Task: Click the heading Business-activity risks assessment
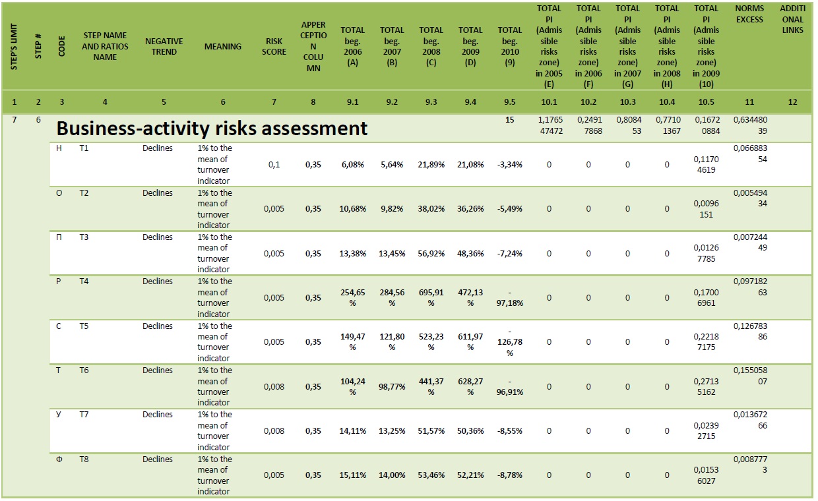tap(212, 129)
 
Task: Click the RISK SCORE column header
tap(274, 46)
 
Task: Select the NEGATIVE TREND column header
tap(164, 46)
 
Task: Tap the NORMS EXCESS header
tap(749, 14)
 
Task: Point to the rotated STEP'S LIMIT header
tap(14, 46)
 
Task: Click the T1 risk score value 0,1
tap(274, 165)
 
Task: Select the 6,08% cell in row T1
tap(352, 165)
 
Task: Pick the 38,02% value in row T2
tap(431, 209)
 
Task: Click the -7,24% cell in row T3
tap(510, 253)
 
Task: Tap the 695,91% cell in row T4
tap(431, 298)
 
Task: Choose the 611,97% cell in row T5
tap(470, 342)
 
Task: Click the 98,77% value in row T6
tap(392, 386)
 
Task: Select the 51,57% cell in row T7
tap(431, 431)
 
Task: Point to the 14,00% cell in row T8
tap(392, 475)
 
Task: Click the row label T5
tap(84, 326)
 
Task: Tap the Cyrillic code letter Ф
tap(59, 459)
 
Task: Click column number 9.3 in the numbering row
tap(431, 102)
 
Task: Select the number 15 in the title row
tap(510, 120)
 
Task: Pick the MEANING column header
tap(223, 46)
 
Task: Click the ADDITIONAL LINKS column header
tap(792, 19)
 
